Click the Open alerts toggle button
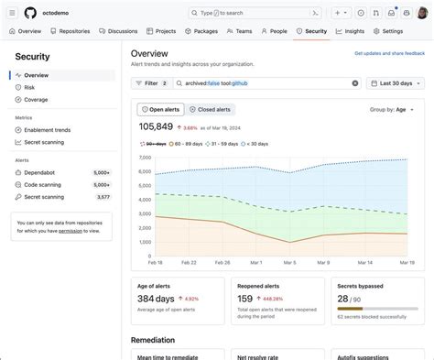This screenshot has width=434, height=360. tap(161, 109)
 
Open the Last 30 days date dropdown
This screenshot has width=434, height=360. tap(395, 83)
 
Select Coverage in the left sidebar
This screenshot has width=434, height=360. tap(37, 99)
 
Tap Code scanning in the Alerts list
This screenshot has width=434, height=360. tap(43, 184)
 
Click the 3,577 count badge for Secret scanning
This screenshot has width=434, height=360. tap(103, 197)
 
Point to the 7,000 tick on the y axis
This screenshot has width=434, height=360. tap(144, 158)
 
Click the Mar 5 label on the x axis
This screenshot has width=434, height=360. tap(289, 261)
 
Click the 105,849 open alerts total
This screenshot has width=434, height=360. tap(156, 126)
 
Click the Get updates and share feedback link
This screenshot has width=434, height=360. tap(389, 55)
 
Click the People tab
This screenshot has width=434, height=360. tap(274, 31)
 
